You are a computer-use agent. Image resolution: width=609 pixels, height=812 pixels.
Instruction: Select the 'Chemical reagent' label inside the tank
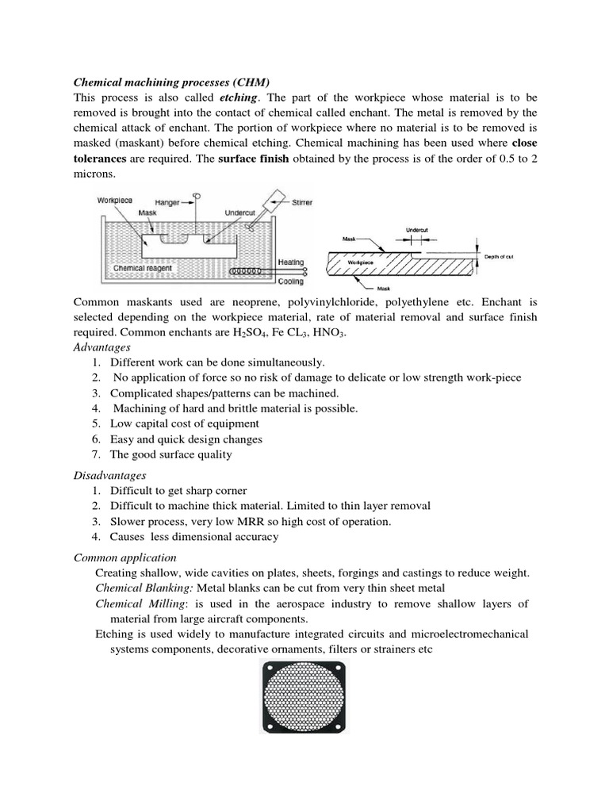[143, 268]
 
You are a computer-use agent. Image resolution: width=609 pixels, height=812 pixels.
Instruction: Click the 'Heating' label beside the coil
[293, 261]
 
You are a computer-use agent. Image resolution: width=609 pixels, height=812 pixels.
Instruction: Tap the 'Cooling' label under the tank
[293, 281]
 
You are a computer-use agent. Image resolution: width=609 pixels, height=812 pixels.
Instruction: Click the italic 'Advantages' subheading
[101, 347]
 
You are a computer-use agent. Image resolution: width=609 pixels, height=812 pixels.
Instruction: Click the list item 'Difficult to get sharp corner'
[178, 491]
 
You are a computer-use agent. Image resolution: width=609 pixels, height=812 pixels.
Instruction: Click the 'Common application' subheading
[124, 557]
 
